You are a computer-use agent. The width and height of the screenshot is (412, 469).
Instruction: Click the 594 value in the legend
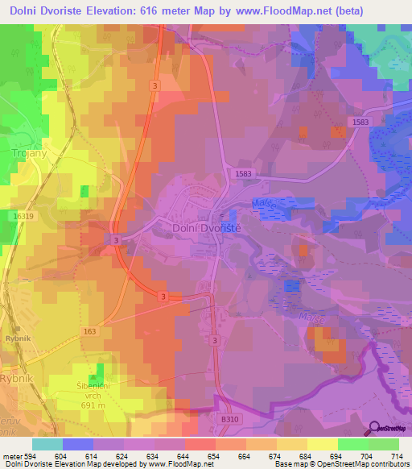click(x=31, y=455)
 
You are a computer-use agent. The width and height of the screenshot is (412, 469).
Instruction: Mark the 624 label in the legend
click(x=122, y=455)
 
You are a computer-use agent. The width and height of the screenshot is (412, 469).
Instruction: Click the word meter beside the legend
click(x=10, y=455)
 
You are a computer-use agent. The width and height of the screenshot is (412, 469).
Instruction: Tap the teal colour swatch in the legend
click(x=47, y=444)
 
